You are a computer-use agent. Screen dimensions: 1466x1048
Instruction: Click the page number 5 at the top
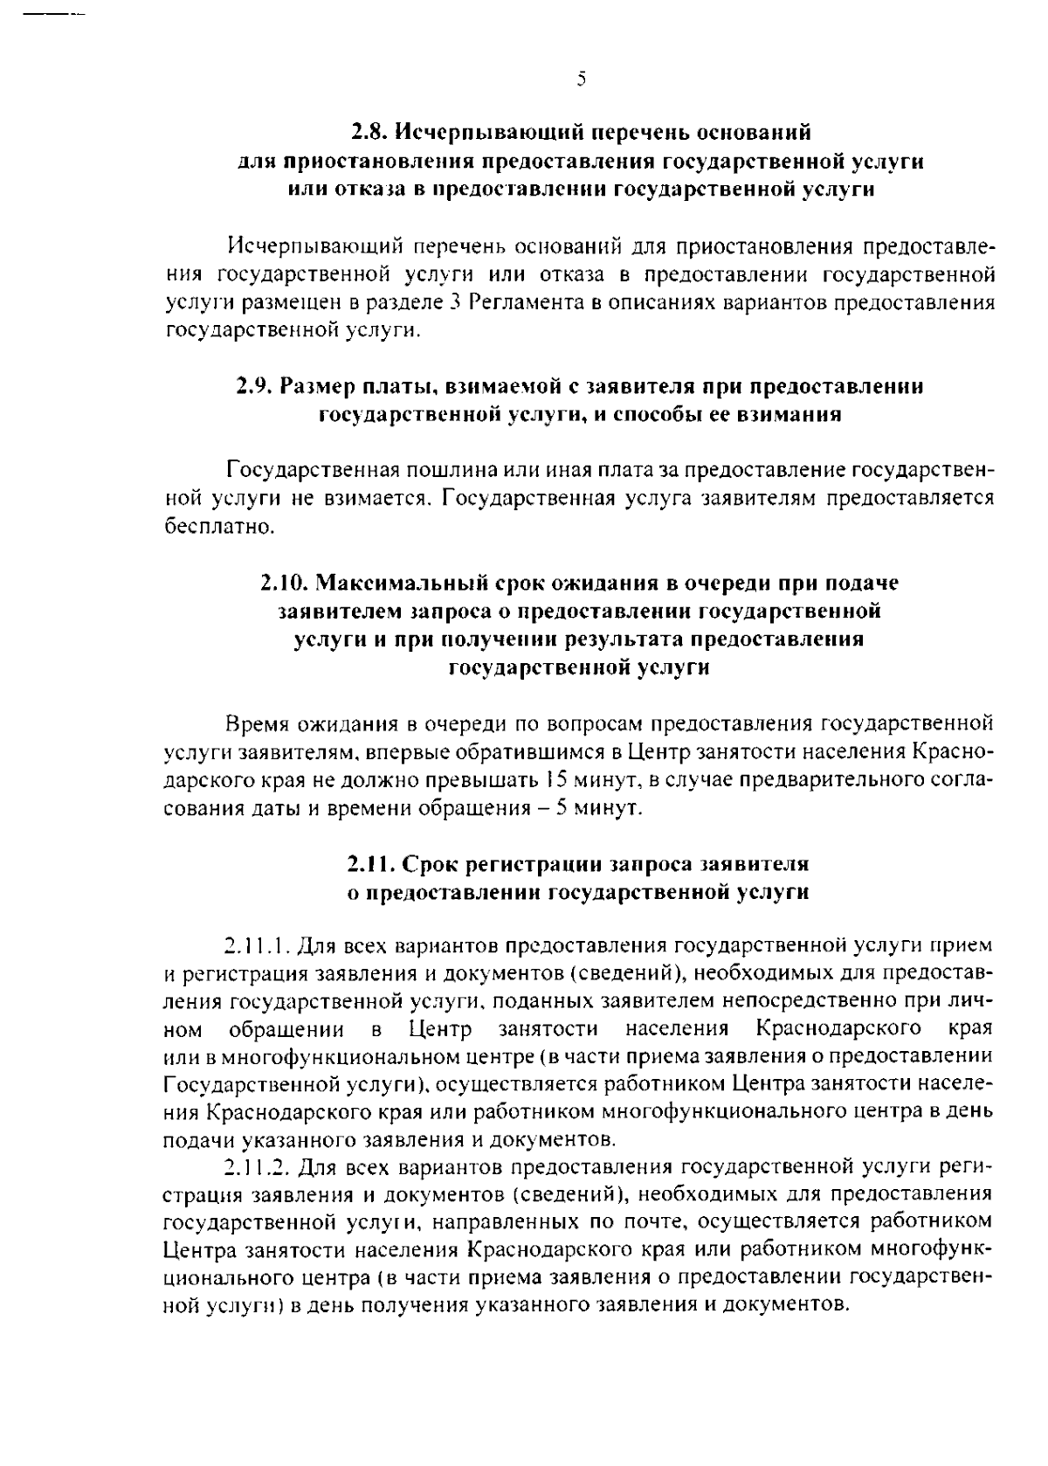(x=581, y=80)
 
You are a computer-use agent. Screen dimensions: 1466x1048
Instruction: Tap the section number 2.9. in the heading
(x=256, y=386)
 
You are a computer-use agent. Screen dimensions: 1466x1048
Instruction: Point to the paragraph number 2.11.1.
(x=257, y=946)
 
